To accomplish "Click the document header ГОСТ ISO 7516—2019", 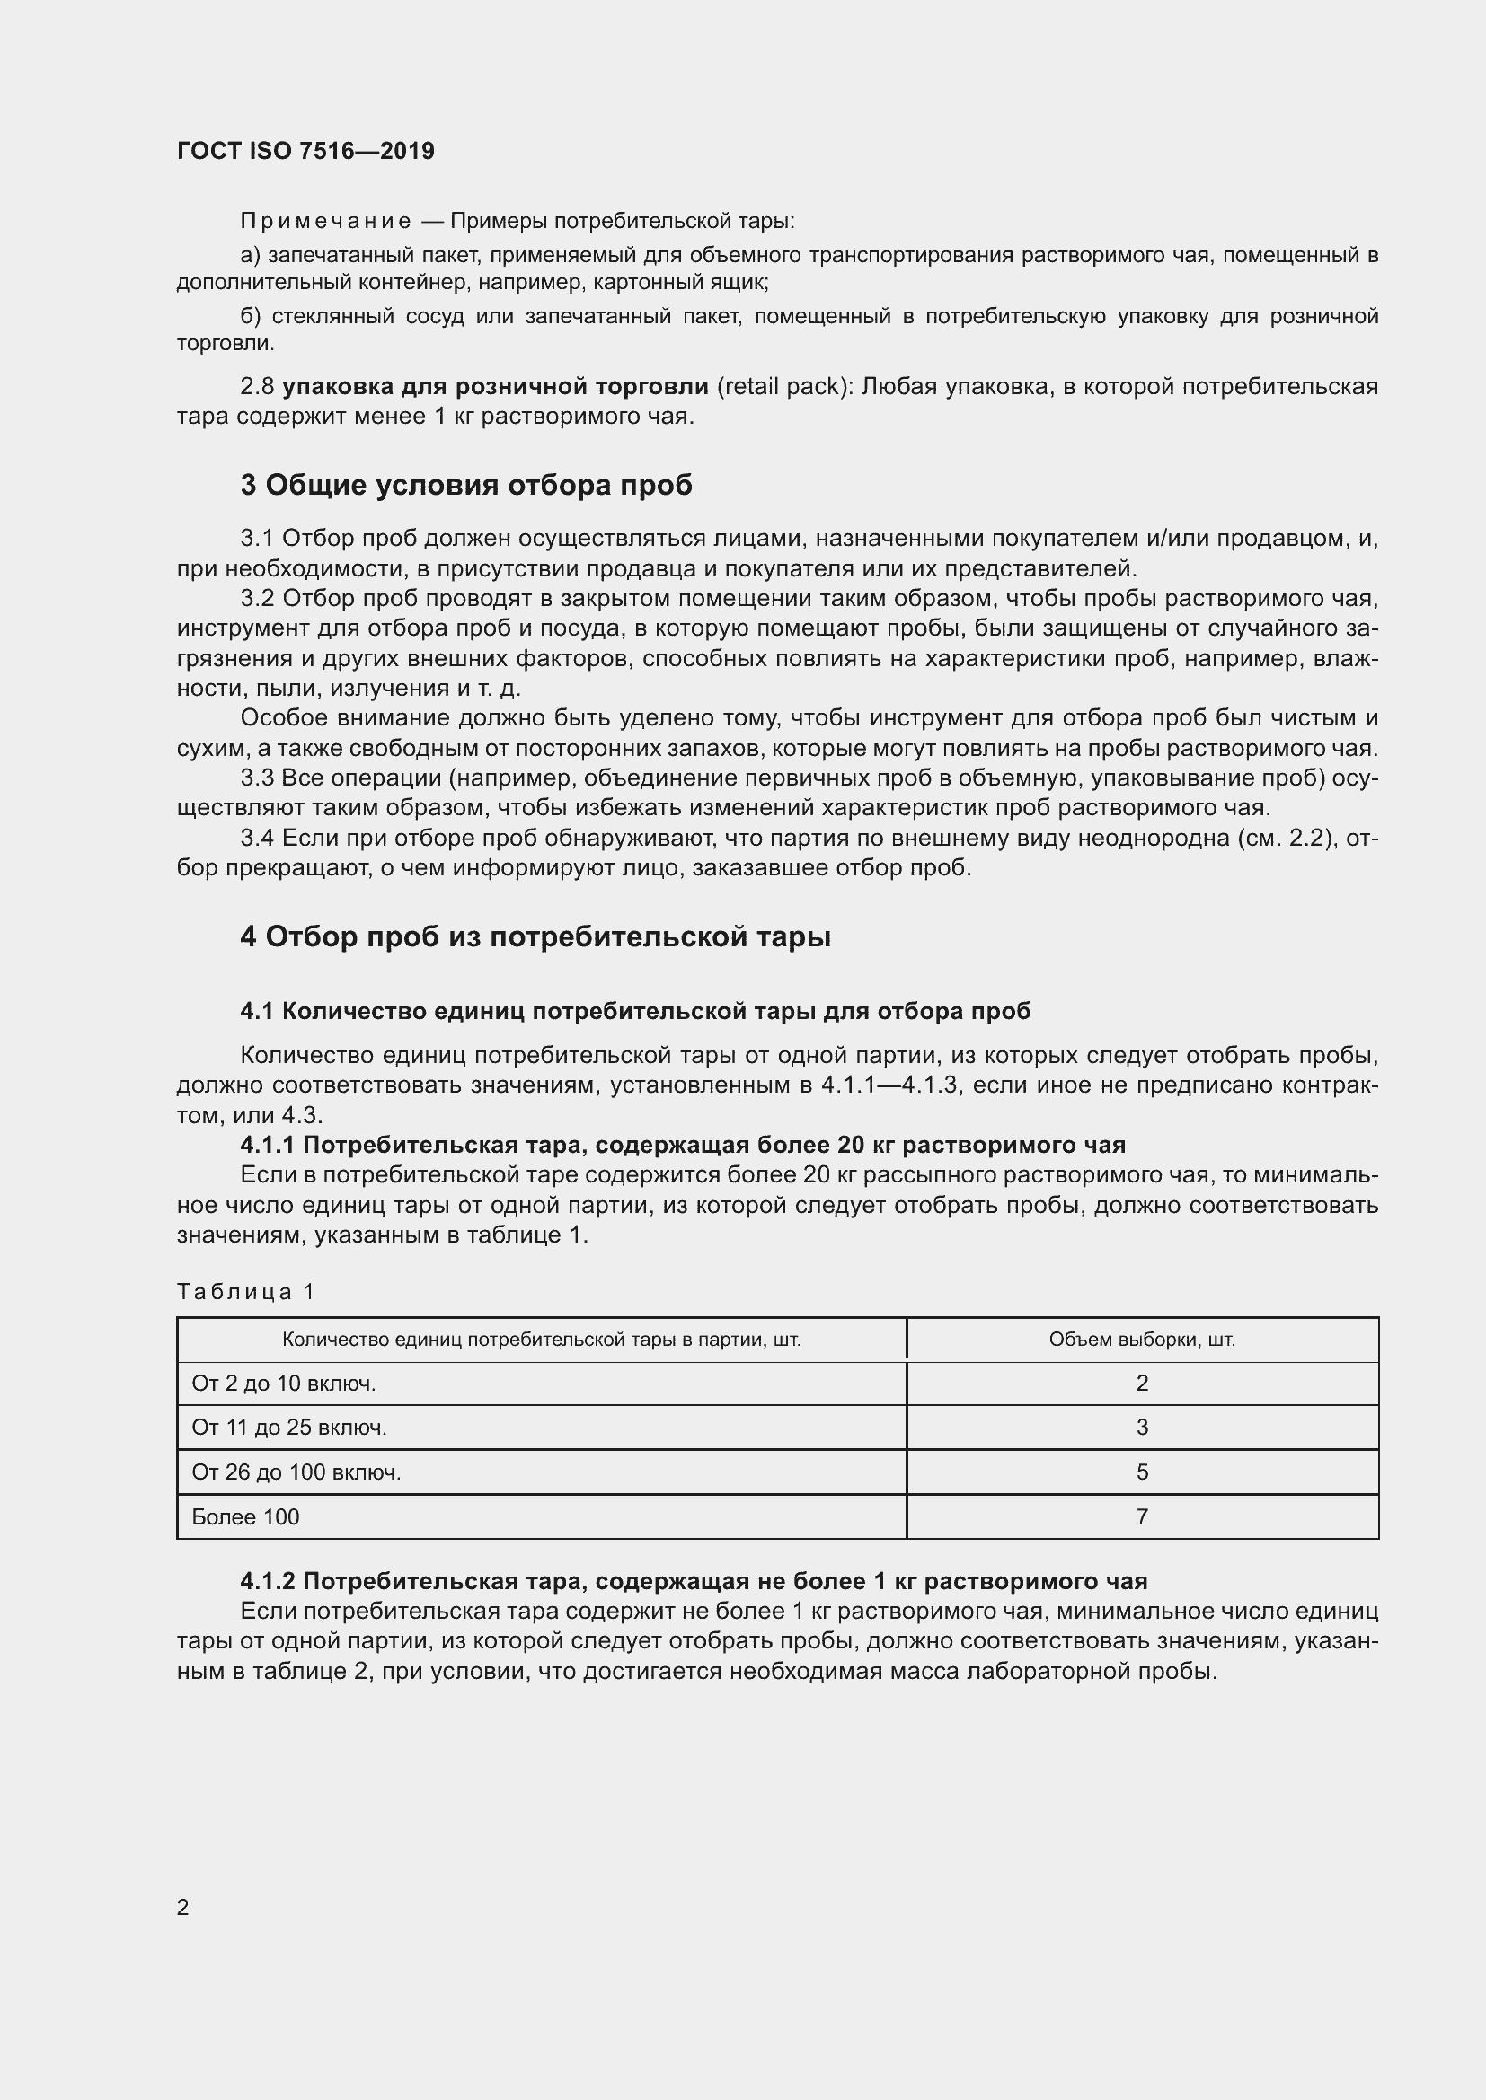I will (305, 151).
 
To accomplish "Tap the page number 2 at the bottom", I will (183, 1907).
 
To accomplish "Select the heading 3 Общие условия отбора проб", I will (465, 485).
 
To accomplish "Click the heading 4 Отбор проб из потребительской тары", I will (535, 936).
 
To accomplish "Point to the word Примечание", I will (325, 222).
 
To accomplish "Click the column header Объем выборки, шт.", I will (1142, 1340).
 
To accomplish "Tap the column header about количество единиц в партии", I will (541, 1340).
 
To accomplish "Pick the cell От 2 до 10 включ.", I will (284, 1384).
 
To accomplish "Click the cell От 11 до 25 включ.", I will (289, 1428).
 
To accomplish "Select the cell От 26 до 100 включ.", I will (296, 1472).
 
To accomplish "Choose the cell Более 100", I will (245, 1517).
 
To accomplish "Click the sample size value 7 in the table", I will (1142, 1517).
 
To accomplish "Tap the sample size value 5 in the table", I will (1142, 1472).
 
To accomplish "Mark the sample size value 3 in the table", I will (1142, 1428).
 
